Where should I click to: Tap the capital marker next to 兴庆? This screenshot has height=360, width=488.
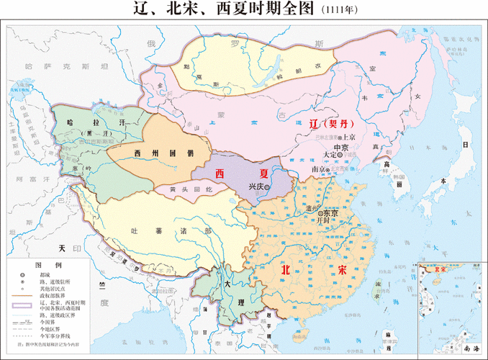click(266, 186)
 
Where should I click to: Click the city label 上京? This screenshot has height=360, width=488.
click(350, 136)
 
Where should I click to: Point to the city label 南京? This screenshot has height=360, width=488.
click(318, 169)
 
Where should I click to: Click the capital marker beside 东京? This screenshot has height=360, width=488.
click(320, 213)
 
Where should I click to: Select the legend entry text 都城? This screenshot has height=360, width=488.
click(46, 275)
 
